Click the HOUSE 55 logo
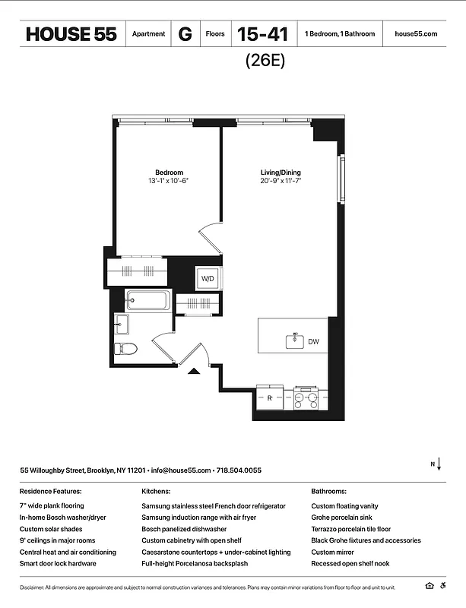click(71, 34)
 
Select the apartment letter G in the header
click(185, 34)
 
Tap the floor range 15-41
click(262, 34)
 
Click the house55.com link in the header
click(417, 34)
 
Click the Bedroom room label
click(169, 173)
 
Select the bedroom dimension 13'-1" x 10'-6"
click(169, 181)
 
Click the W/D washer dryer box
click(208, 279)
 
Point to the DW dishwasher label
click(313, 342)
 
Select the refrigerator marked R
click(270, 397)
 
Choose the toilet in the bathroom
click(125, 350)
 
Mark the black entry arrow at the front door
click(194, 371)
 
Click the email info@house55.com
click(181, 470)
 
